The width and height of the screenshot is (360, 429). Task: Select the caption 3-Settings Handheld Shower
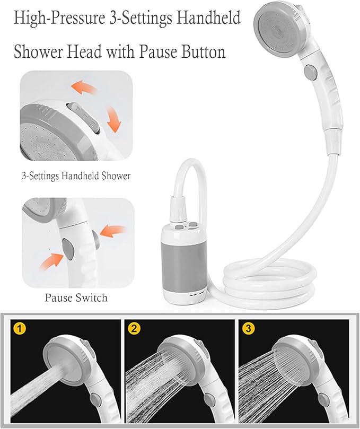click(x=76, y=176)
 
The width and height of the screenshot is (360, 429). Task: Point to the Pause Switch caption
click(x=76, y=297)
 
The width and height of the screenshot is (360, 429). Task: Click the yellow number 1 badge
click(x=20, y=329)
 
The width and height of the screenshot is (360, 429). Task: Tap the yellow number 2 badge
click(x=134, y=329)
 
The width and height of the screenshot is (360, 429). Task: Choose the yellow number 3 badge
click(x=248, y=329)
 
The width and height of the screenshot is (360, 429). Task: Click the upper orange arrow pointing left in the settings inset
click(x=84, y=86)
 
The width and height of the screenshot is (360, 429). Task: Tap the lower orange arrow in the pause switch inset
click(x=52, y=262)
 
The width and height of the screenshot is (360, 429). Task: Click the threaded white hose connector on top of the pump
click(x=178, y=209)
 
